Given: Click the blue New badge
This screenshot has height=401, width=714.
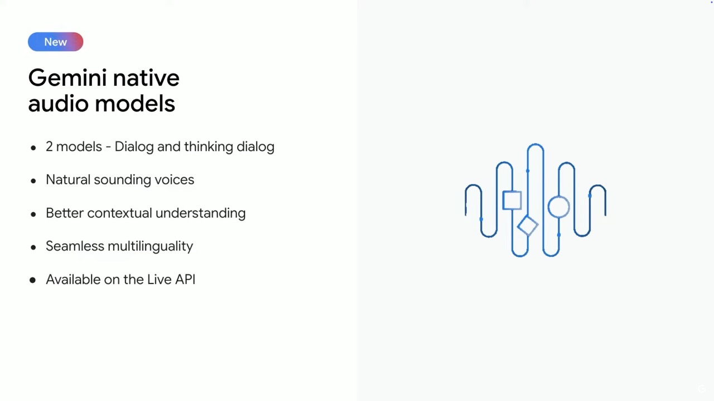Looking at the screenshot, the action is point(55,42).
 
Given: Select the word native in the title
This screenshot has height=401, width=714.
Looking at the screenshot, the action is point(146,78).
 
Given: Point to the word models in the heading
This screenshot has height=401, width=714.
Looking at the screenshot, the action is point(135,104).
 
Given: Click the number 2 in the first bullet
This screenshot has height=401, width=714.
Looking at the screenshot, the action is point(49,146).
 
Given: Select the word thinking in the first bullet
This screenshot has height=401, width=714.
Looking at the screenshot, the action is point(209,146).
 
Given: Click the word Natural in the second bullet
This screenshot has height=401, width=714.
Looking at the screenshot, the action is point(68,179).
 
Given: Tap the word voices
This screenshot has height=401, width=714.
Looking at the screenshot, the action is point(175,179).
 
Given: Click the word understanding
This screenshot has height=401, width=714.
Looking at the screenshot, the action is point(200,213).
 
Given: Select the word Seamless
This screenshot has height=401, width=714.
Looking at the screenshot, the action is point(75,246).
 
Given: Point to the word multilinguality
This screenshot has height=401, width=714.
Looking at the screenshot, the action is point(151,246).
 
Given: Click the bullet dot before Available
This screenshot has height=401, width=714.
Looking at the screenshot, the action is point(32,280).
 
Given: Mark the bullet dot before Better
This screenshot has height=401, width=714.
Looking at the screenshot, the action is point(33,214).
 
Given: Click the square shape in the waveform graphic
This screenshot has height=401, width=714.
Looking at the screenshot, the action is point(512,200).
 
